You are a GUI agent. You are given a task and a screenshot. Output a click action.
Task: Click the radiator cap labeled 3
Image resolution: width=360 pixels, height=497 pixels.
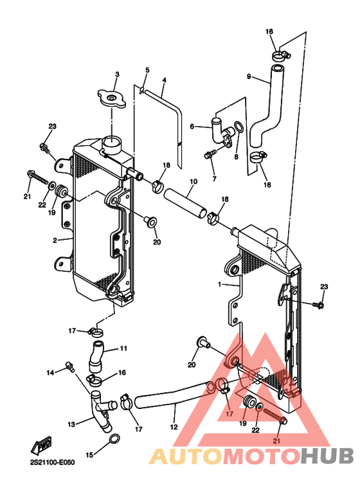112,98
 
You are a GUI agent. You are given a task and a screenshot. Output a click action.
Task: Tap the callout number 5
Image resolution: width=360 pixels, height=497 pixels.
147,69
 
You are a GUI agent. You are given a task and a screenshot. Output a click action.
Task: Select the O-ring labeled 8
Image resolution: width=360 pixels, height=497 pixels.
238,127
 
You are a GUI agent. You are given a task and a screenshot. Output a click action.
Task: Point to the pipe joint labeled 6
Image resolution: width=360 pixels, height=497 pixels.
222,132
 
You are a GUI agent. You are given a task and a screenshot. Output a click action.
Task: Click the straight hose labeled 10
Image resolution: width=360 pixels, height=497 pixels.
185,203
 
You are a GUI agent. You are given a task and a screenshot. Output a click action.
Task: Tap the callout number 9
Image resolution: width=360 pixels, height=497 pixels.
249,77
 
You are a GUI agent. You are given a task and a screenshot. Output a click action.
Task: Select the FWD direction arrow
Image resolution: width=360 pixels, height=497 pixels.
41,446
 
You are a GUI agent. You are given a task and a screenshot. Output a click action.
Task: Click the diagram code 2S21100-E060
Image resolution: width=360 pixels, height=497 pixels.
53,462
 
